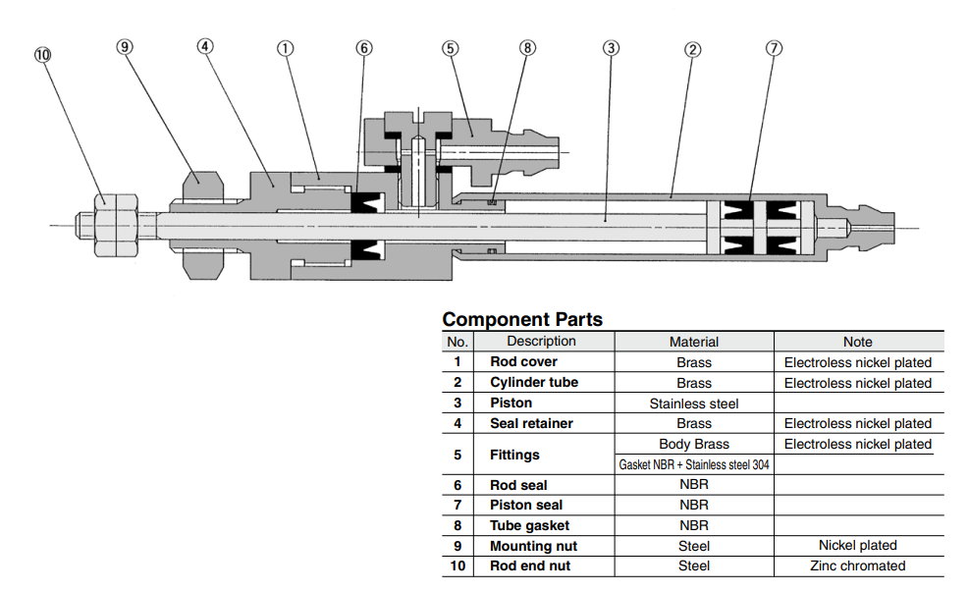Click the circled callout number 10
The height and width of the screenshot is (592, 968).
click(x=41, y=55)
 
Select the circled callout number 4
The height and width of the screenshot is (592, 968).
click(x=204, y=46)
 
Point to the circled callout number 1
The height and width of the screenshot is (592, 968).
click(x=285, y=46)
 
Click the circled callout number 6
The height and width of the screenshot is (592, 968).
click(x=364, y=46)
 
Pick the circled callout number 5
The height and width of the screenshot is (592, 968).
click(x=450, y=46)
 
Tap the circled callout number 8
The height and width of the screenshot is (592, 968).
click(x=528, y=46)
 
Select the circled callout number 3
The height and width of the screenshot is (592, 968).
click(x=611, y=46)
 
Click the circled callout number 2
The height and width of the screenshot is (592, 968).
click(x=692, y=46)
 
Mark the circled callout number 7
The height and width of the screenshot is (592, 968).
click(x=774, y=46)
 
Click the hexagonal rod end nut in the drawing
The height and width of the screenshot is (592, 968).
click(x=116, y=225)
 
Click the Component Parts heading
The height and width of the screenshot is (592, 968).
click(x=522, y=319)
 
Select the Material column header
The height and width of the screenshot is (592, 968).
click(x=693, y=342)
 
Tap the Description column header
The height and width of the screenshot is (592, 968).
click(x=541, y=342)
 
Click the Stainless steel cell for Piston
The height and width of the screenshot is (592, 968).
click(x=693, y=404)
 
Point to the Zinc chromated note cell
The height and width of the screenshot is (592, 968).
click(x=857, y=565)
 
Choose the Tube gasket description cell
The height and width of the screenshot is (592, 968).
click(x=529, y=525)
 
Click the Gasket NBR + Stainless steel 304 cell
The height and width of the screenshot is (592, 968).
click(x=693, y=464)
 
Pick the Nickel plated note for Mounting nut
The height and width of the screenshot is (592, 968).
click(x=857, y=545)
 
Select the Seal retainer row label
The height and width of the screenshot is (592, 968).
click(x=531, y=423)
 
